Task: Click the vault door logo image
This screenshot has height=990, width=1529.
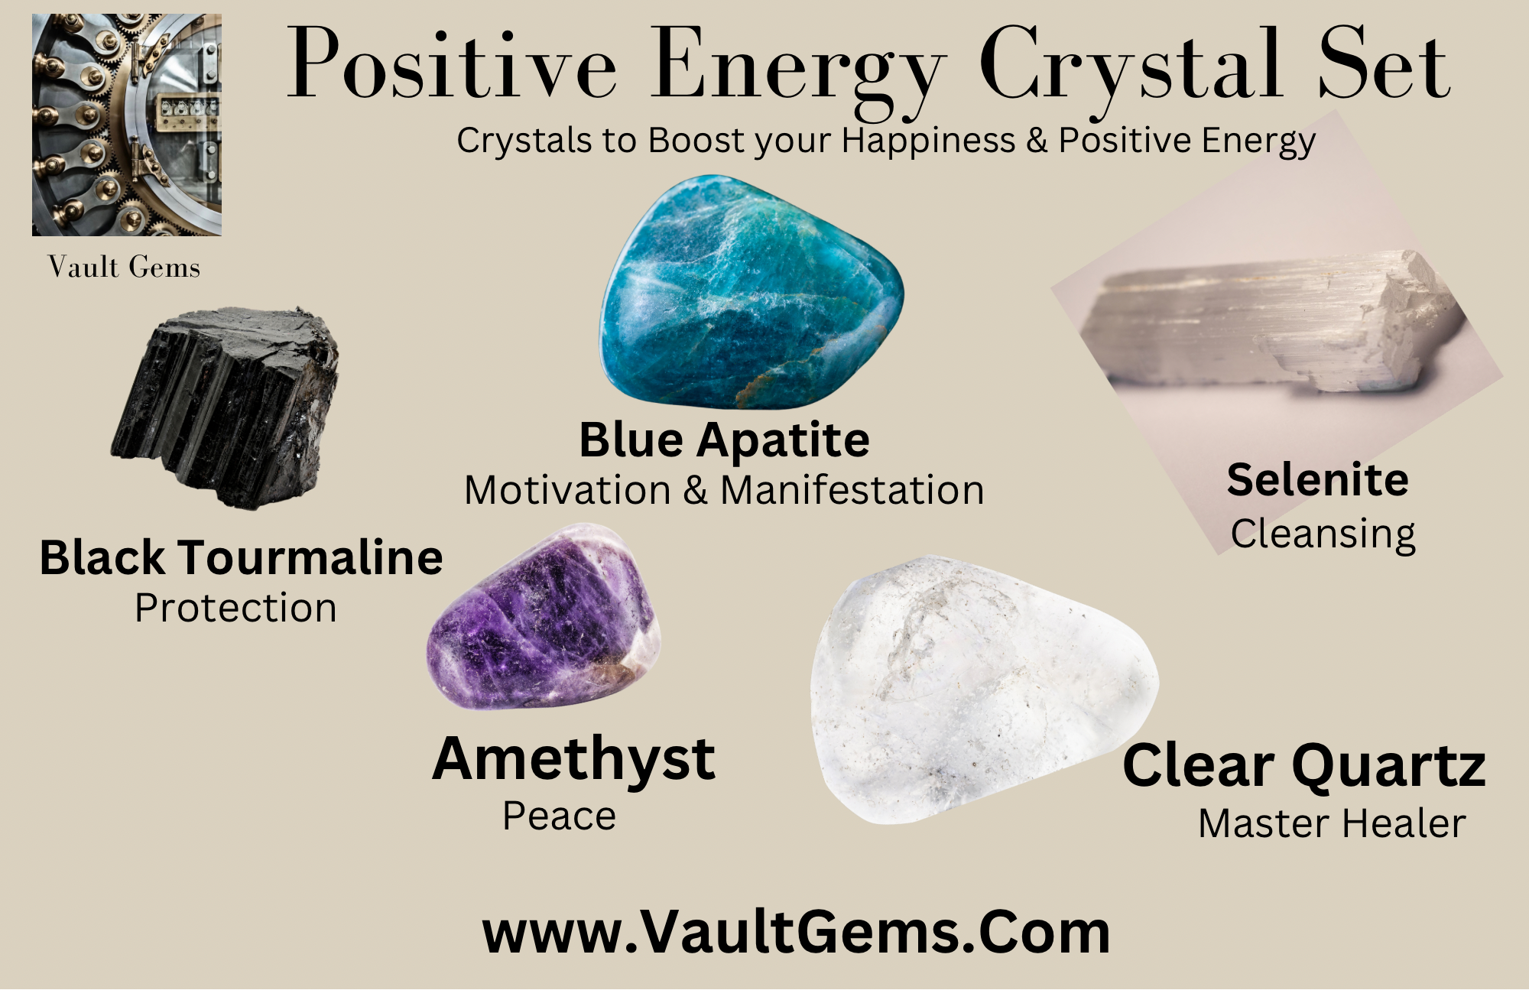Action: [127, 125]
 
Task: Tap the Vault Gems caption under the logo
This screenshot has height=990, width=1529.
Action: [124, 268]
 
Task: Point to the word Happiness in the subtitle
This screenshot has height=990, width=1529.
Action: [929, 141]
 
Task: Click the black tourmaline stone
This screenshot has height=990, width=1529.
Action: [226, 407]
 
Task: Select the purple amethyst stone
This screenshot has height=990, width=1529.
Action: [544, 616]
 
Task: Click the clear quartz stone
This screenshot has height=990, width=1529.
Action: [985, 690]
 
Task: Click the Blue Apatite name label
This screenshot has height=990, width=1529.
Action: [724, 440]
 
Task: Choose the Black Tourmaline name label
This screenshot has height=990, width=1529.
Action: [241, 557]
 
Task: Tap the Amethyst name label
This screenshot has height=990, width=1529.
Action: [573, 761]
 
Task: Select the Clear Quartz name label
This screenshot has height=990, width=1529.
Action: [1304, 767]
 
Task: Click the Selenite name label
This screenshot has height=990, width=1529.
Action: [1318, 480]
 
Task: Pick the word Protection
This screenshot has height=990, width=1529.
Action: [235, 609]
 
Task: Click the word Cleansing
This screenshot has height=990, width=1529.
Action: [1323, 534]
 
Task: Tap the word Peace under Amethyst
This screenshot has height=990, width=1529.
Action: [560, 816]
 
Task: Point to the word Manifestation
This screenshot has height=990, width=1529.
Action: [852, 490]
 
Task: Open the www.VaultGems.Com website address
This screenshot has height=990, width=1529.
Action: [796, 933]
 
